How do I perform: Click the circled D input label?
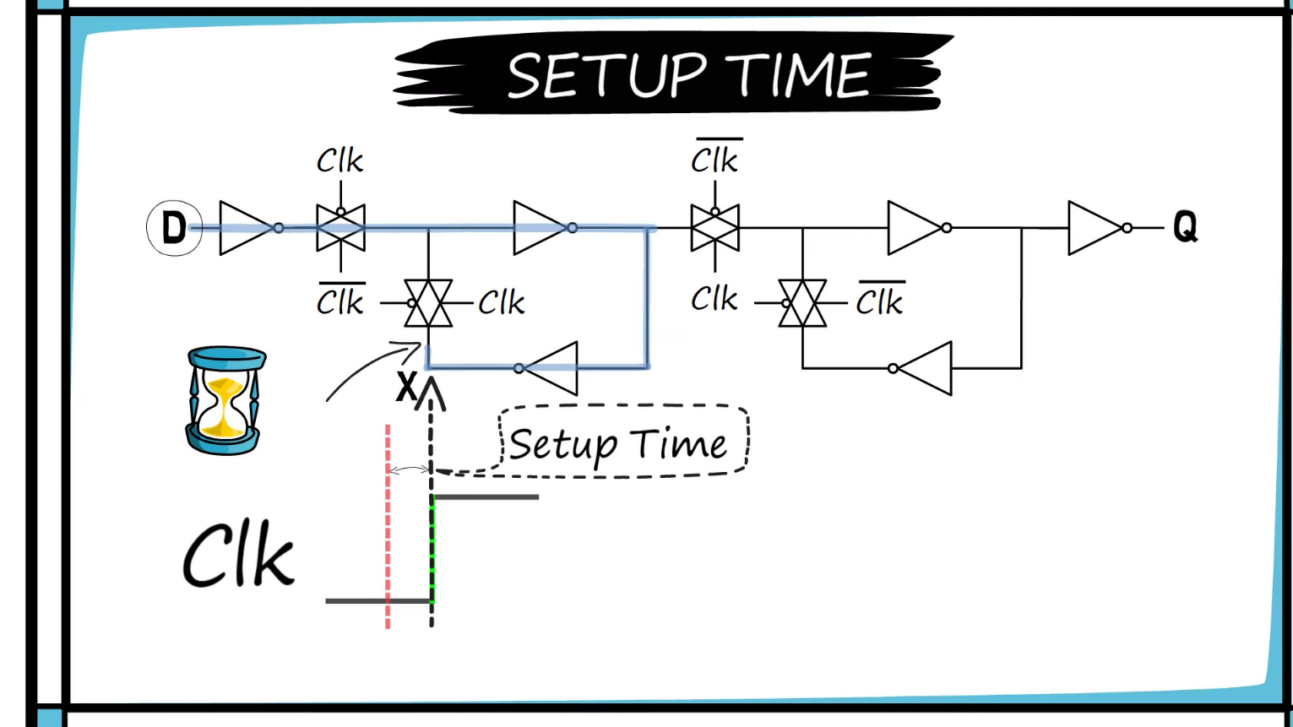click(174, 227)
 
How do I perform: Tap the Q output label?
click(1185, 226)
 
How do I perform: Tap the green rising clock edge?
click(432, 549)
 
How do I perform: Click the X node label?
click(406, 388)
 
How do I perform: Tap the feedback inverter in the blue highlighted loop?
click(549, 368)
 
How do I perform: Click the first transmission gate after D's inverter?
click(340, 228)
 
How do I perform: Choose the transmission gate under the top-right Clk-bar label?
click(714, 228)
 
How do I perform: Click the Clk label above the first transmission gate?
click(340, 160)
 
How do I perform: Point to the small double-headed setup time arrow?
click(410, 469)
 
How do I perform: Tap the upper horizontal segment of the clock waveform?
click(486, 497)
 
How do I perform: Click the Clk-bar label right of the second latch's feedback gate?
click(880, 301)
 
